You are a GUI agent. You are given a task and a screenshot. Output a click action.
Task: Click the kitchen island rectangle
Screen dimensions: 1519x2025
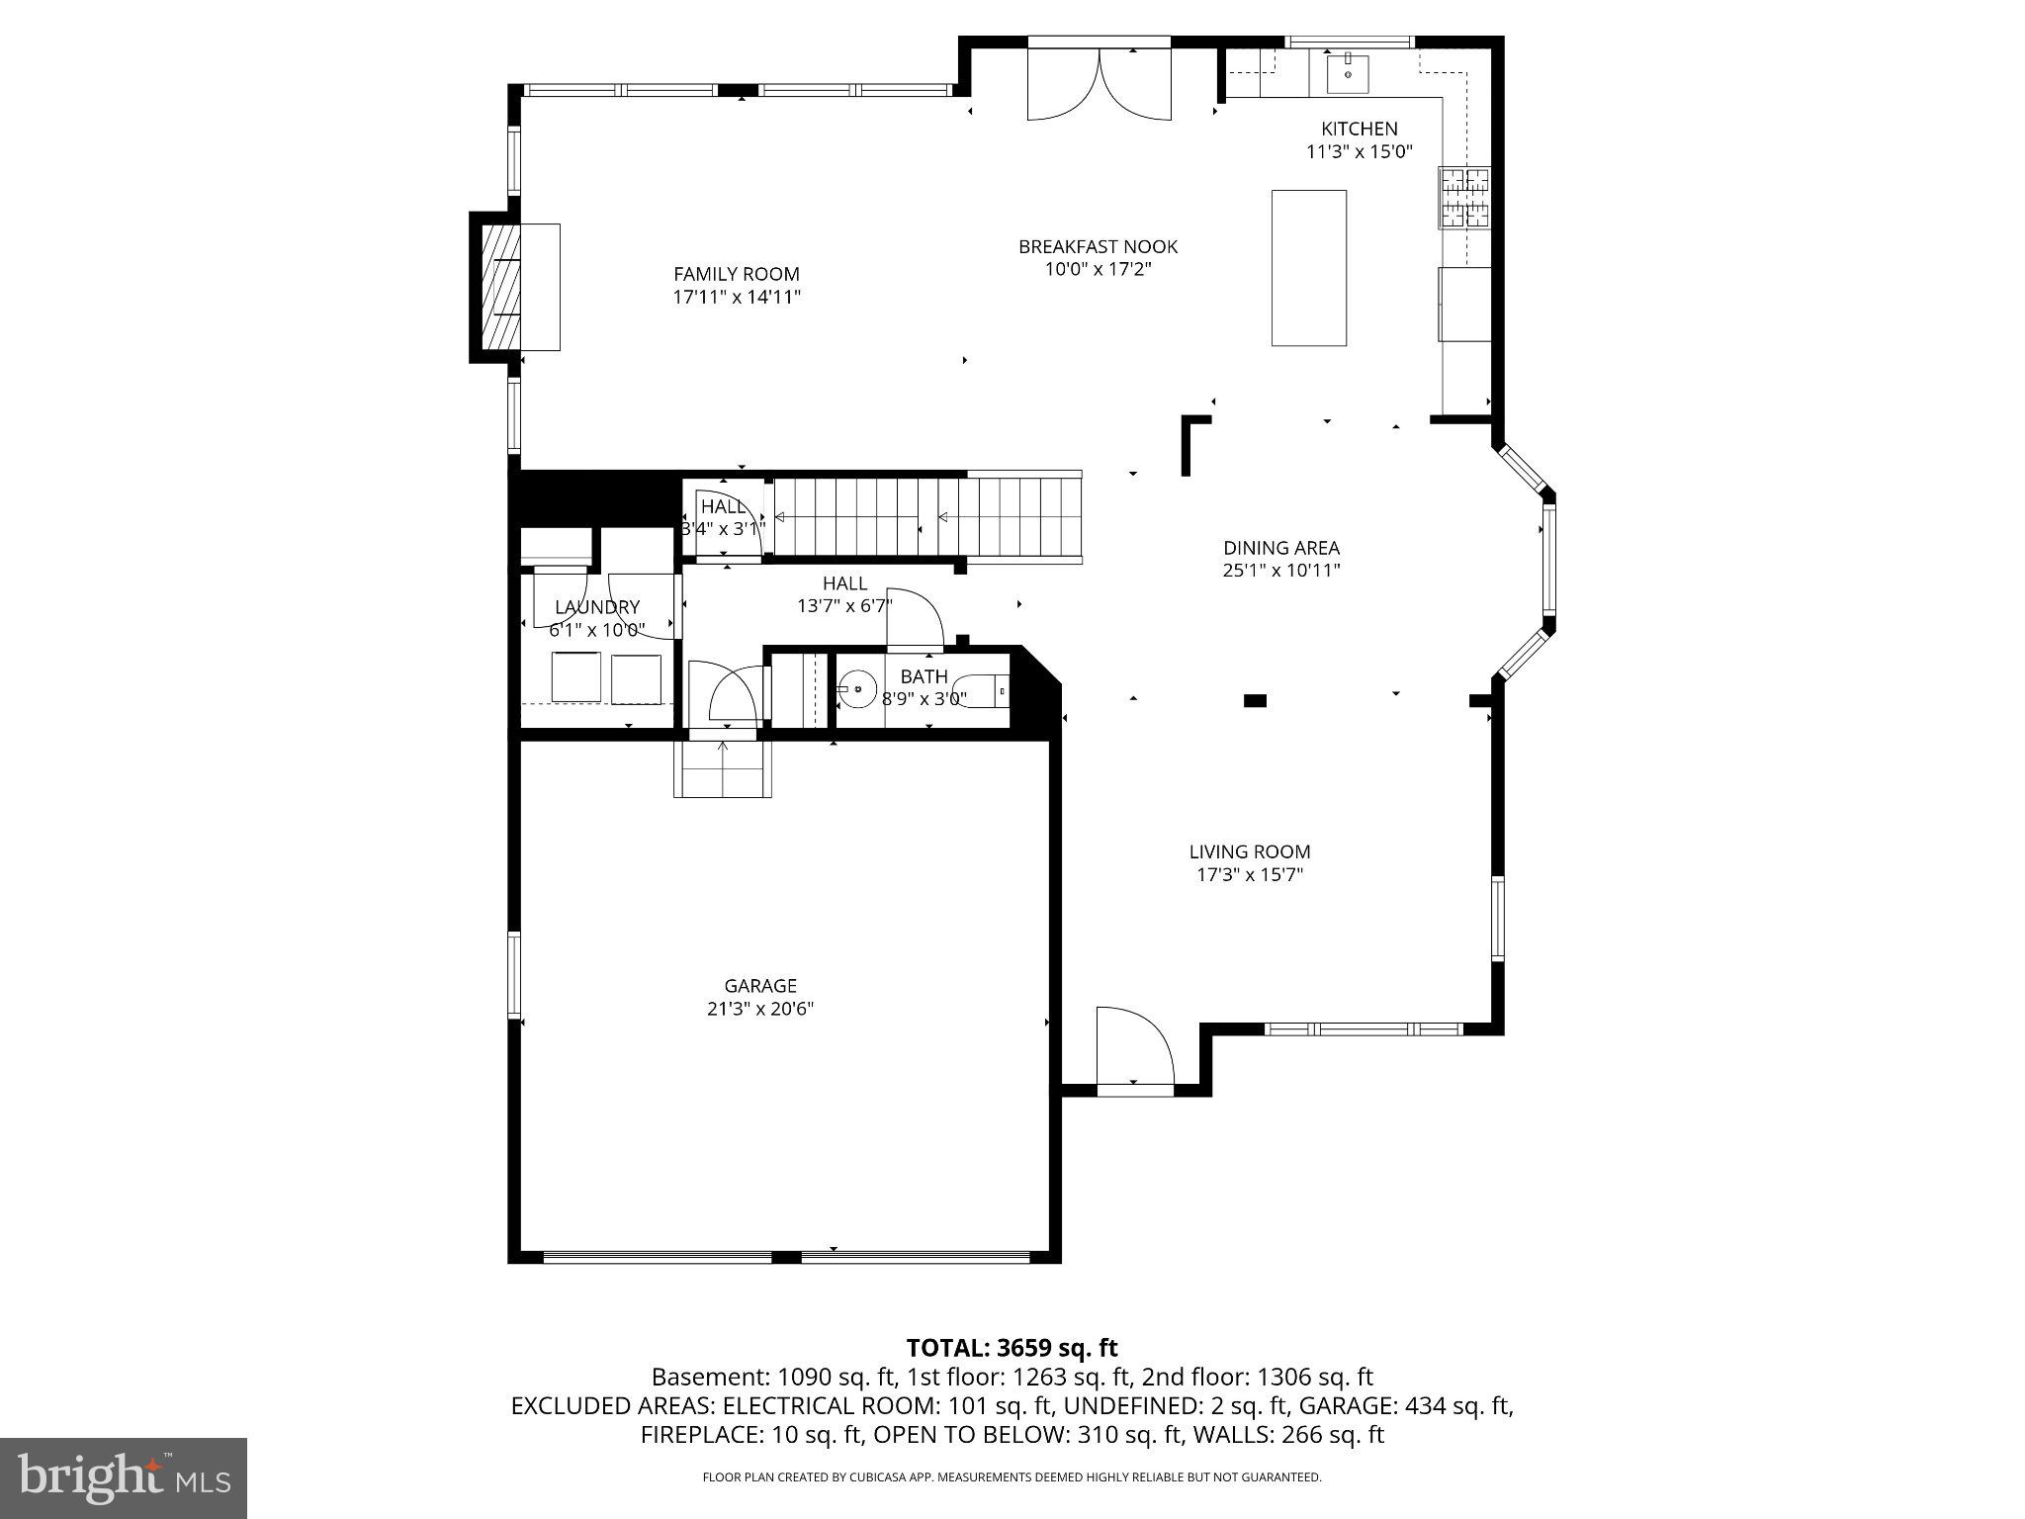pyautogui.click(x=1308, y=267)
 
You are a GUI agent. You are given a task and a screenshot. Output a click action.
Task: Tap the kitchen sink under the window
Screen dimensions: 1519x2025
pyautogui.click(x=1347, y=71)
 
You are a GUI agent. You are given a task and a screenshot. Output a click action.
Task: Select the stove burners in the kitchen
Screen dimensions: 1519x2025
pyautogui.click(x=1463, y=198)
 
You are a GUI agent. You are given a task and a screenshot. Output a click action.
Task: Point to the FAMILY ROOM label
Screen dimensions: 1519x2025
pyautogui.click(x=737, y=274)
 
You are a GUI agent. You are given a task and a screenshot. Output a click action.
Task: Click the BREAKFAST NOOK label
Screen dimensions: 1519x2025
pyautogui.click(x=1098, y=246)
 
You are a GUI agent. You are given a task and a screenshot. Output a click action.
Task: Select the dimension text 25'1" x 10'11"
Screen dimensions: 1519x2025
pyautogui.click(x=1281, y=571)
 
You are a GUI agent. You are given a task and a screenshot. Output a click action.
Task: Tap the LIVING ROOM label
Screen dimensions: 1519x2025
pyautogui.click(x=1250, y=851)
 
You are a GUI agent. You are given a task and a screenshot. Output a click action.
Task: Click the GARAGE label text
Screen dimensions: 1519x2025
pyautogui.click(x=760, y=986)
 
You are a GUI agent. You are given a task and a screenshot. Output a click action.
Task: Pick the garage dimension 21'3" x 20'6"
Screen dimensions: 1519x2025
pyautogui.click(x=760, y=1009)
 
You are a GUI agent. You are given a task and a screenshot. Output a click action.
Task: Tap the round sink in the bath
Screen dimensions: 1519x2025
pyautogui.click(x=858, y=688)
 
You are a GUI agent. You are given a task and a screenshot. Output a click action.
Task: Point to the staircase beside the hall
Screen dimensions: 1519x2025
pyautogui.click(x=924, y=517)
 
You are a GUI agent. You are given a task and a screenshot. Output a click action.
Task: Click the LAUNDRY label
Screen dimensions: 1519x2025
pyautogui.click(x=597, y=607)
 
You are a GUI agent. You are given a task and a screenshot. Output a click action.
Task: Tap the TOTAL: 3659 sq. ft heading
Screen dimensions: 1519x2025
pyautogui.click(x=1012, y=1348)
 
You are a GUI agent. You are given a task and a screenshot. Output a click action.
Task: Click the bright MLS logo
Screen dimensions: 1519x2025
pyautogui.click(x=124, y=1477)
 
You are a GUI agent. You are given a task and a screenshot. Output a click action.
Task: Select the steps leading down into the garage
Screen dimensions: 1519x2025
pyautogui.click(x=723, y=769)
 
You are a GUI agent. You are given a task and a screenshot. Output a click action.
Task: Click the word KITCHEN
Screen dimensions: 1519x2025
pyautogui.click(x=1360, y=129)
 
